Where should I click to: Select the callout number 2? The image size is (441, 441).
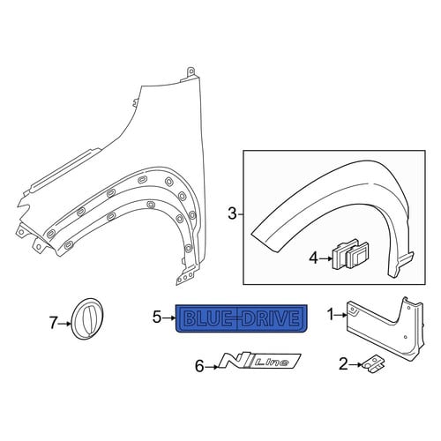[x=343, y=364]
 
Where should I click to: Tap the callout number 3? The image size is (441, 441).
[x=232, y=213]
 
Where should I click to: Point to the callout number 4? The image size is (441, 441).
[x=314, y=258]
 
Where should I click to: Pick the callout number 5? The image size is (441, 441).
[x=157, y=318]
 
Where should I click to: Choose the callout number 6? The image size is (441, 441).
[x=199, y=367]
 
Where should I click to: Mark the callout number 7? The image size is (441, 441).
[x=53, y=324]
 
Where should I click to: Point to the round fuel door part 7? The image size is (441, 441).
[x=88, y=318]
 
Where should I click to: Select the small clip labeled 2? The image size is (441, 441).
[x=373, y=364]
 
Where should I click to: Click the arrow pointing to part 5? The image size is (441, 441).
[x=168, y=318]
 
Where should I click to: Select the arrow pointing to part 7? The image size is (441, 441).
[x=64, y=324]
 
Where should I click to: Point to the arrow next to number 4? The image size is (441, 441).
[x=325, y=258]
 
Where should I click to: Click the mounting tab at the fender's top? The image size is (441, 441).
[x=191, y=71]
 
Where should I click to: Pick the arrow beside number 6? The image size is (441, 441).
[x=212, y=367]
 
